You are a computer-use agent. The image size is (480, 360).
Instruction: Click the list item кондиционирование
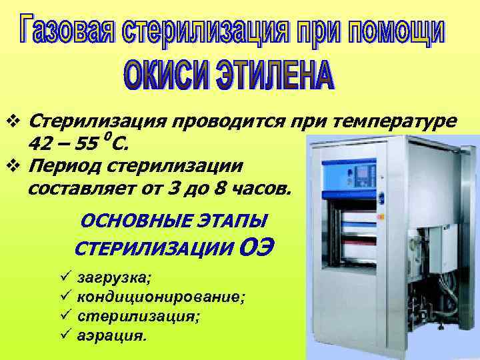[x=161, y=295]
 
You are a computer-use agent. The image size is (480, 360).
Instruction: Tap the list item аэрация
[x=111, y=335]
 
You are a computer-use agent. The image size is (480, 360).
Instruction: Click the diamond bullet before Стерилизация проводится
[x=18, y=122]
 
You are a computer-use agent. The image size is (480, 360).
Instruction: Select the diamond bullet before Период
[x=18, y=165]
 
